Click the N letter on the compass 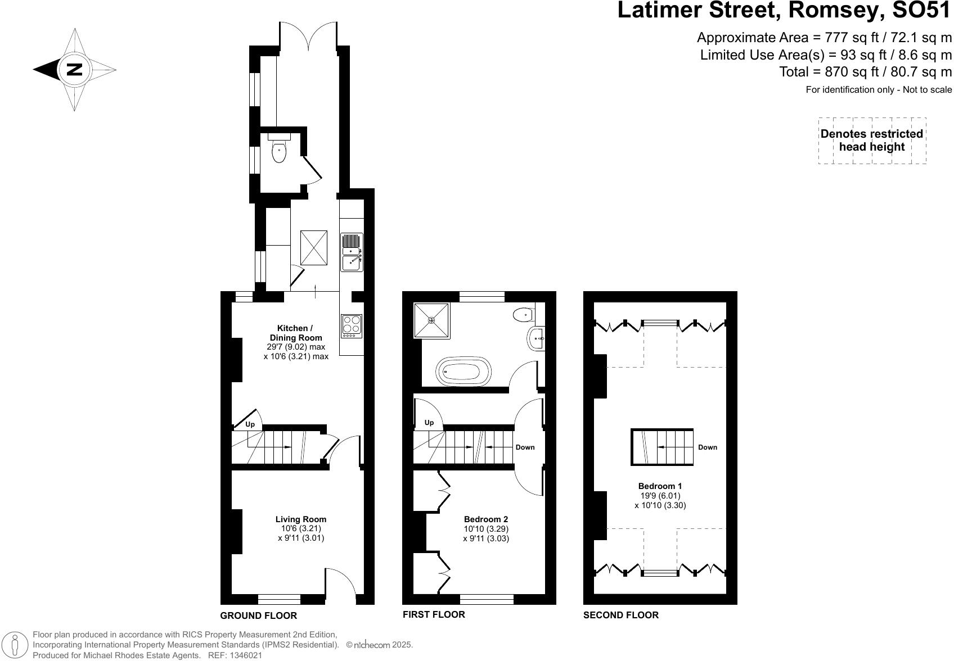pos(74,70)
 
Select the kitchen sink pos(352,252)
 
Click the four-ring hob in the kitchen pos(352,326)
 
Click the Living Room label pos(301,519)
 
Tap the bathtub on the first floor pos(463,372)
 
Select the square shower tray pos(432,320)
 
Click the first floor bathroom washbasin pos(537,338)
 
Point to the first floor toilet pos(524,315)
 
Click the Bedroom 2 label pos(486,519)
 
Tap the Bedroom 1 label pos(660,486)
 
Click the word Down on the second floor pos(708,447)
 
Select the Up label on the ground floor pos(250,424)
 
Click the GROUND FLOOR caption pos(258,615)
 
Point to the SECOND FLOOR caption pos(620,615)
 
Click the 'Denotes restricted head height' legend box pos(872,141)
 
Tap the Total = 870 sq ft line pos(865,72)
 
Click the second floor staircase pos(662,447)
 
